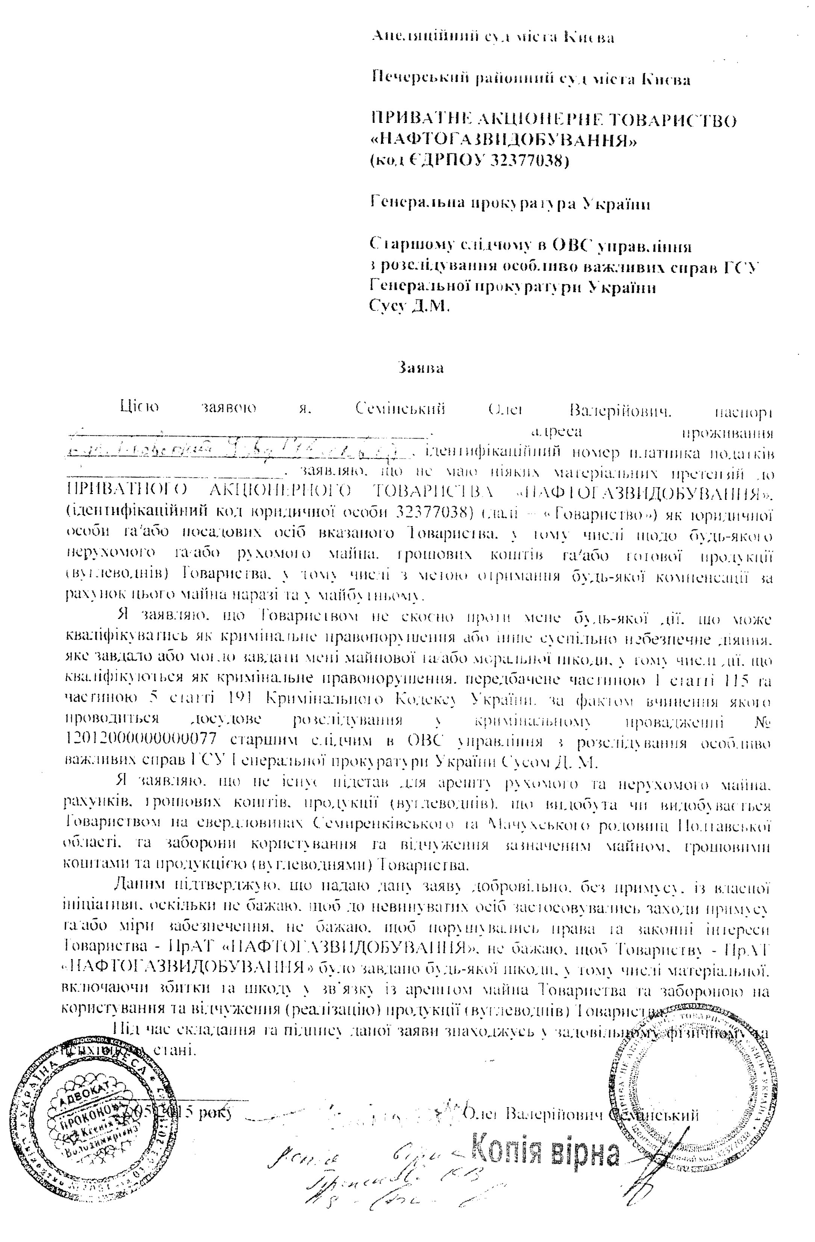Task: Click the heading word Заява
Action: pos(420,368)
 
